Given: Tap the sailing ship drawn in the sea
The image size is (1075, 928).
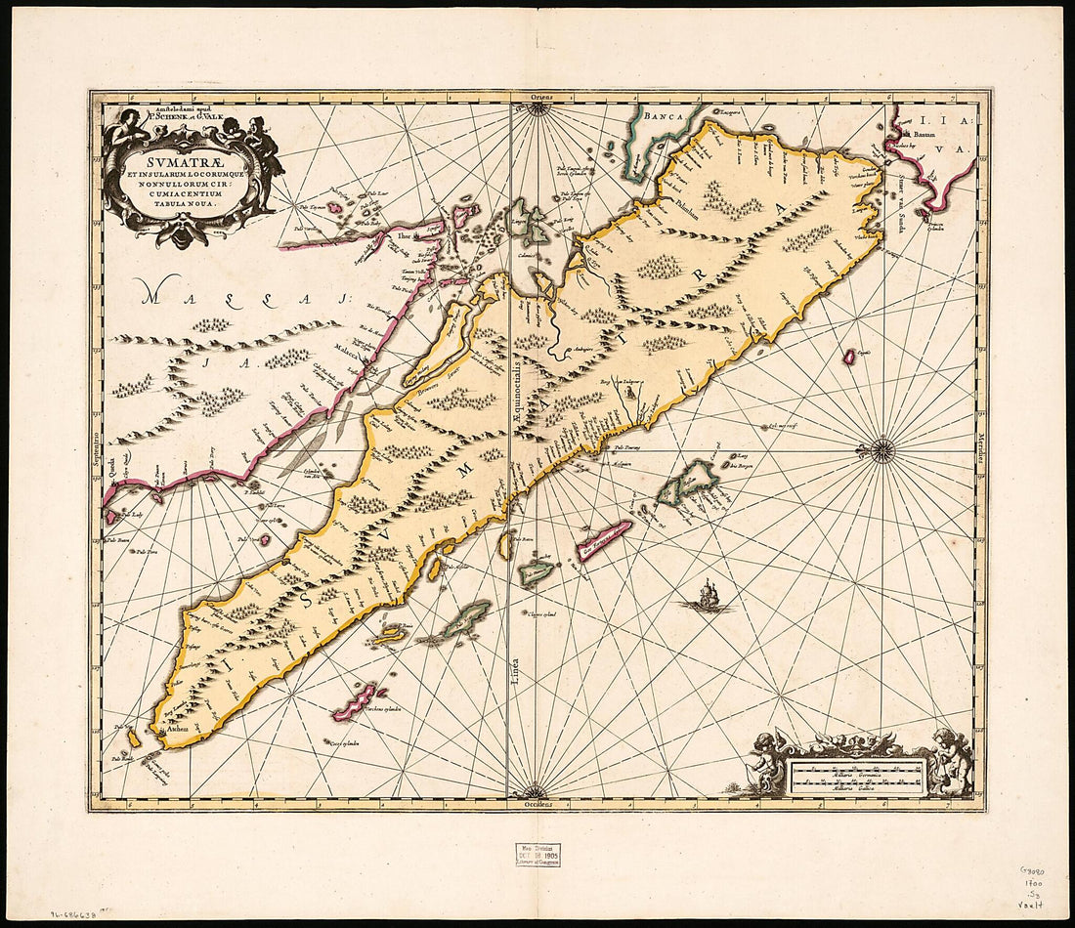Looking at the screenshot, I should [707, 595].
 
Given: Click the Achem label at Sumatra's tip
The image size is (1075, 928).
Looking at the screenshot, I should [176, 729].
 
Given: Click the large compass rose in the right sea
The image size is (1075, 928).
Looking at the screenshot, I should [882, 449].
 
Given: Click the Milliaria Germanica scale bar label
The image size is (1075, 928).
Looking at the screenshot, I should [857, 770].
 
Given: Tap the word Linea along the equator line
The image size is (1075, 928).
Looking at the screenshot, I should [514, 674].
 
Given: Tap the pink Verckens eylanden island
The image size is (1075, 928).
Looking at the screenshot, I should [357, 701].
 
